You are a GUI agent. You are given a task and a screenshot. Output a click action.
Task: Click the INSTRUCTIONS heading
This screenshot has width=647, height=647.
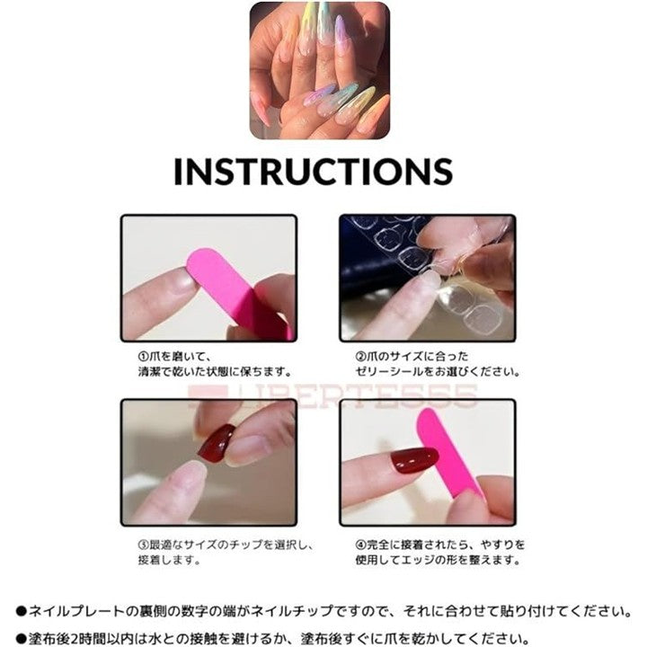[314, 171]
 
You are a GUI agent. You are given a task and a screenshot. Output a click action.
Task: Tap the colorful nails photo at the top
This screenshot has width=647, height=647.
[320, 70]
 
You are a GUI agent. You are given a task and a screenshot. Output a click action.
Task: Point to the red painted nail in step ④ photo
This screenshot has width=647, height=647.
[414, 459]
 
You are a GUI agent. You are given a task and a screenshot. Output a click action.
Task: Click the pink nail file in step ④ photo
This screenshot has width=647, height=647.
[448, 454]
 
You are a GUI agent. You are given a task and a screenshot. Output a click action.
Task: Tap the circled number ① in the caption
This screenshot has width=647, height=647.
[143, 356]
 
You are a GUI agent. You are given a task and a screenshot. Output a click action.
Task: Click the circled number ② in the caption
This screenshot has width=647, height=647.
[360, 356]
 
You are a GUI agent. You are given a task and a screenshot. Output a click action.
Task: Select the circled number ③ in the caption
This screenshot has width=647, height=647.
[143, 545]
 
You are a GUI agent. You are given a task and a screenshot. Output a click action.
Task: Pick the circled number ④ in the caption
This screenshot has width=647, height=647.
[360, 545]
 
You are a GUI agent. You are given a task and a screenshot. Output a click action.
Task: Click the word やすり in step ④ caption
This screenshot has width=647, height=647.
[497, 545]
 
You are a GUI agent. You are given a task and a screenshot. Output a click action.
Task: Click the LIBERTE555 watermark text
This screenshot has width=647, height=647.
[332, 395]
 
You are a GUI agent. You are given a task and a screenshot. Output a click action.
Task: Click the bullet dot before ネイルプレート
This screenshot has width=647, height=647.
[21, 612]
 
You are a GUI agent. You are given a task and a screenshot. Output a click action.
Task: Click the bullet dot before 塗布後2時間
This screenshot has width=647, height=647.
[21, 640]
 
